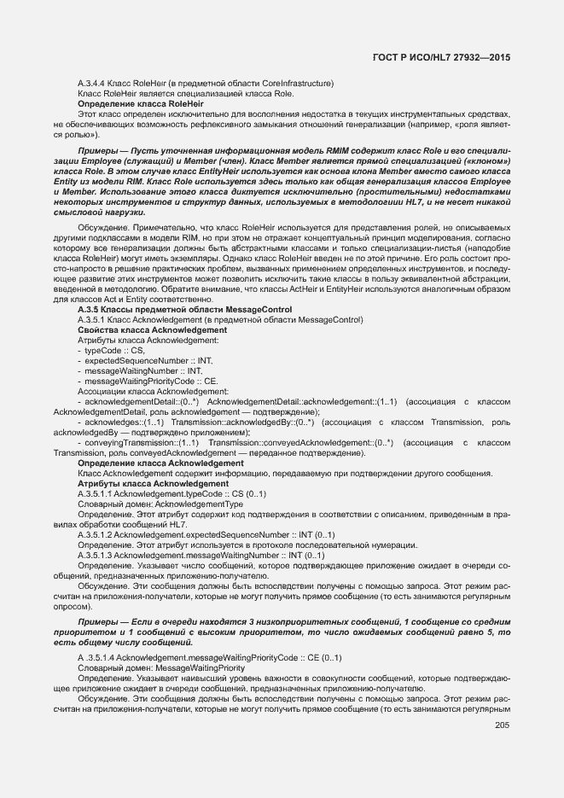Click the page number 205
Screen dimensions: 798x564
click(x=502, y=702)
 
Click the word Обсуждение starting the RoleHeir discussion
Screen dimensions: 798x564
click(x=104, y=227)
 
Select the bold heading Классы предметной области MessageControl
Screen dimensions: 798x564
click(x=195, y=309)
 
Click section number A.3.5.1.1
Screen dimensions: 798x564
click(x=95, y=493)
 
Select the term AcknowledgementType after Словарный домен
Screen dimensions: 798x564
click(x=199, y=504)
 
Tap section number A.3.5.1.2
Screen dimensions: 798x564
click(x=95, y=534)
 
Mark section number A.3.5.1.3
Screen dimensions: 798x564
click(x=95, y=555)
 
